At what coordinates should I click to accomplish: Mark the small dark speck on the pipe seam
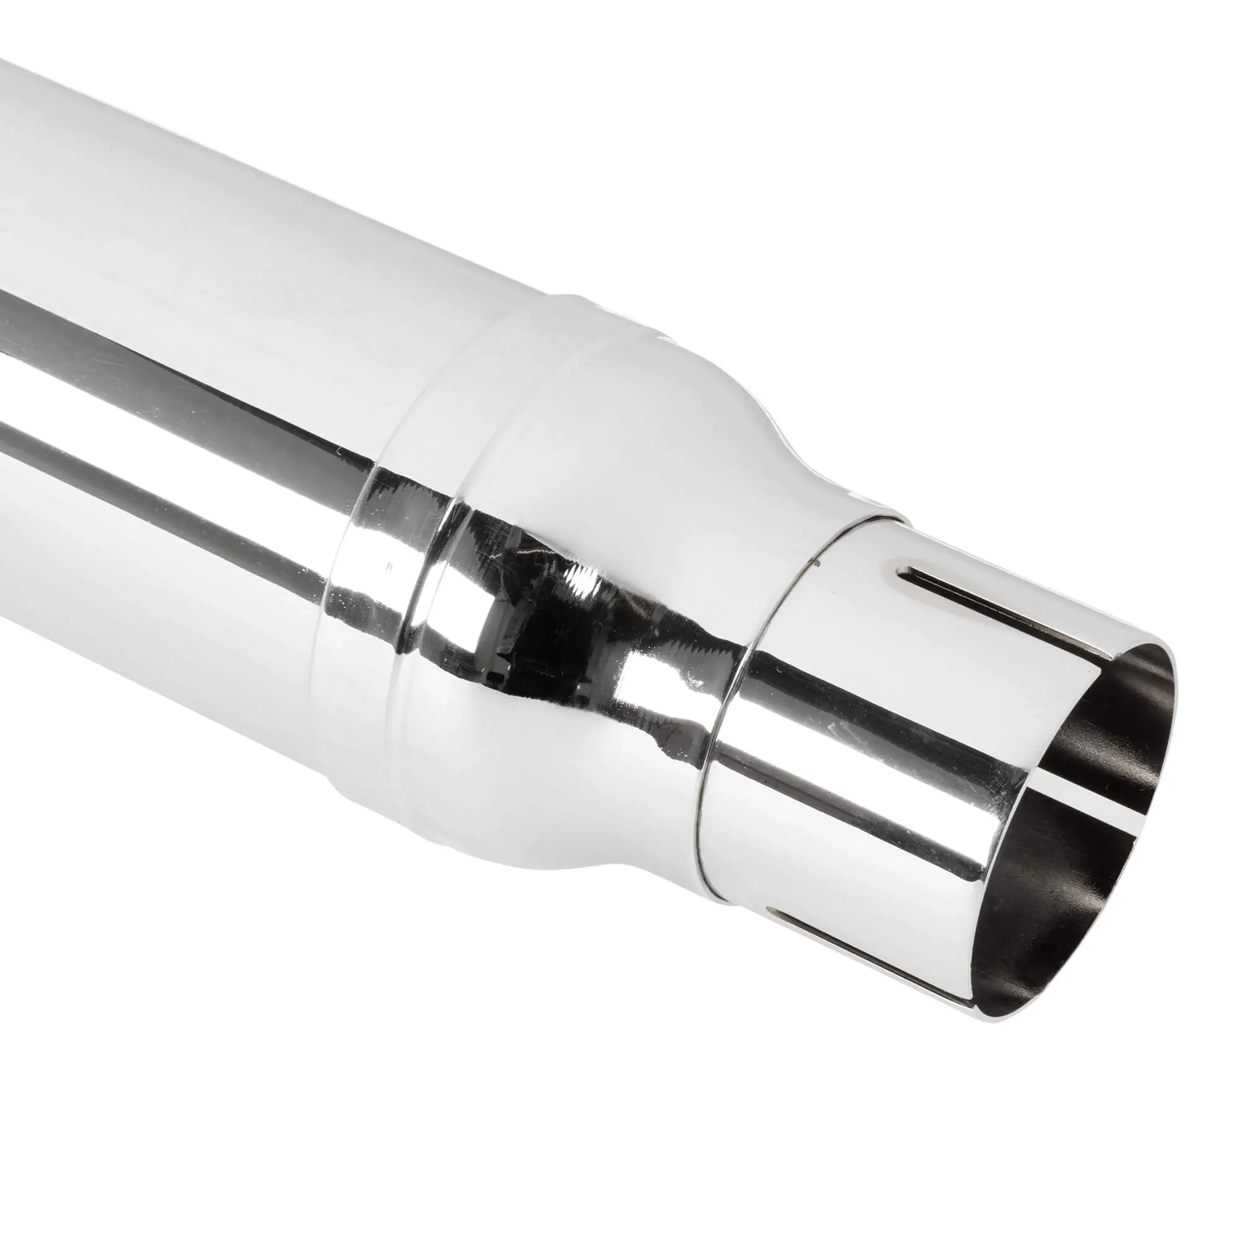click(x=815, y=564)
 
